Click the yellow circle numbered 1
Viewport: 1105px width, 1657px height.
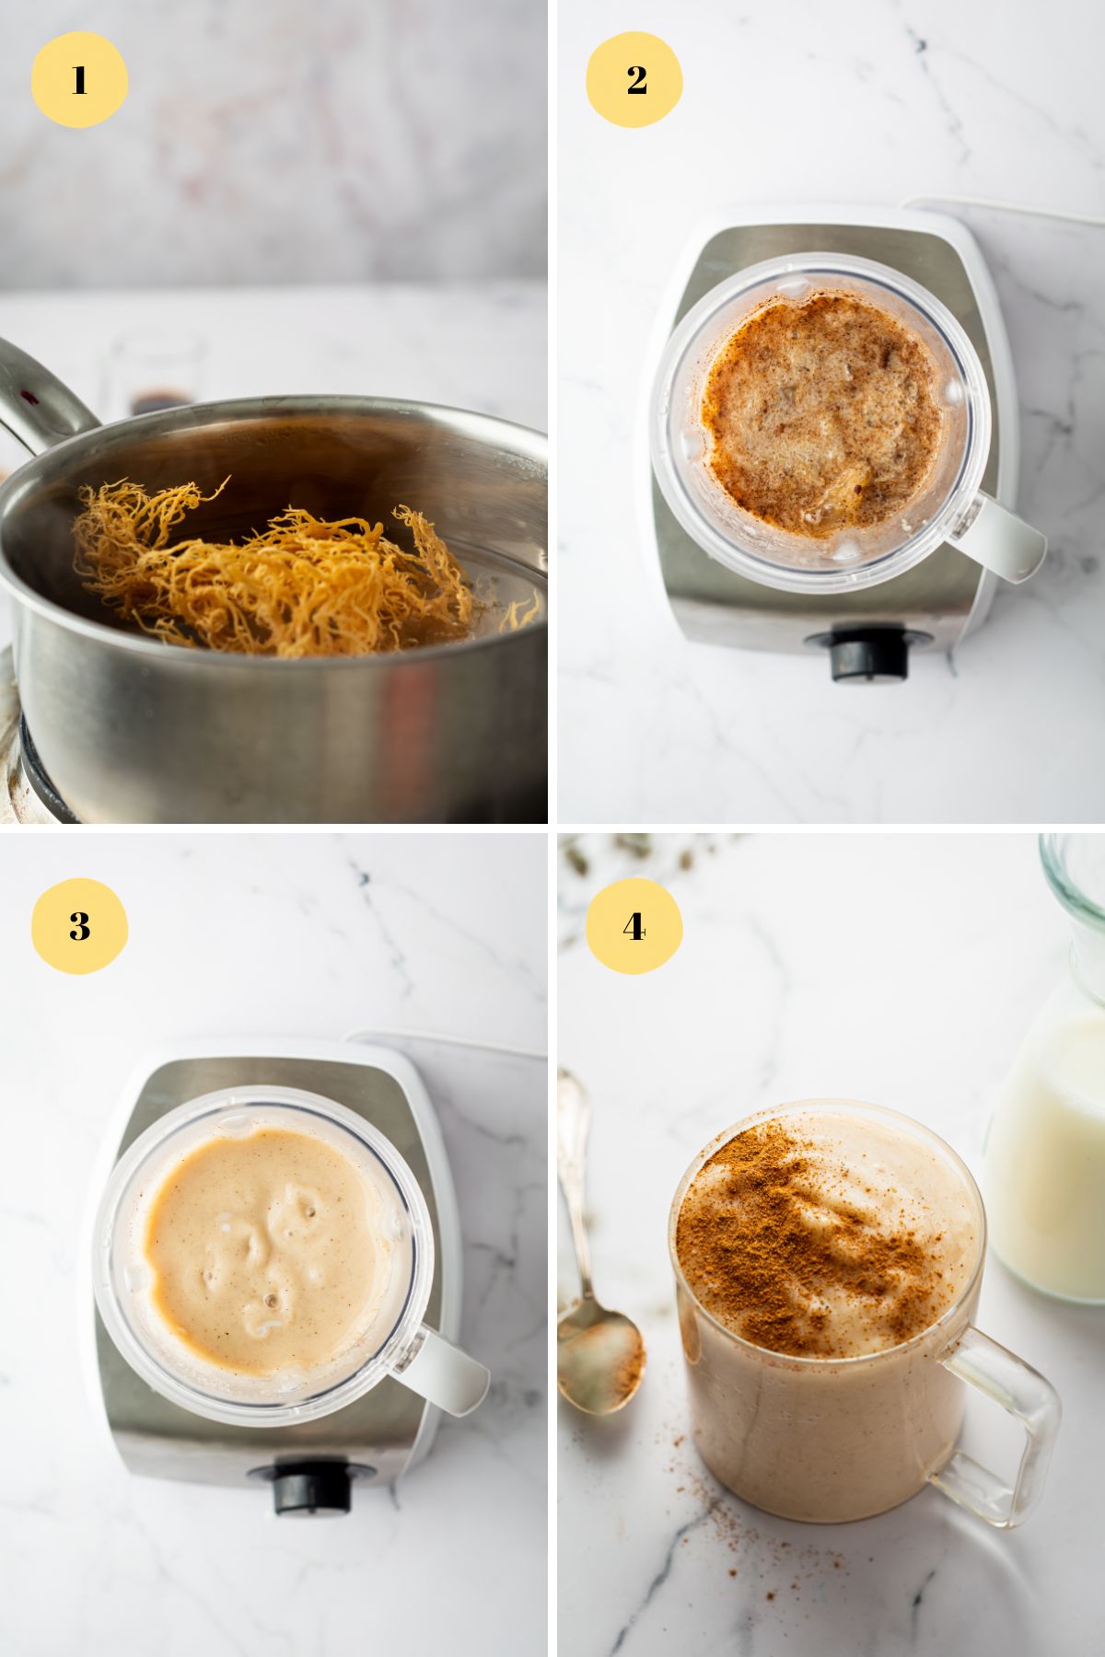tap(79, 79)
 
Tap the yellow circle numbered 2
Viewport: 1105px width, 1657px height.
tap(634, 79)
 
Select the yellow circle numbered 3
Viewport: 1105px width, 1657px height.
tap(79, 925)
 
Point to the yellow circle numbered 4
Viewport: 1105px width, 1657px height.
tap(634, 925)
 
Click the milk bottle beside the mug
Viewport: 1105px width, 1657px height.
tap(1050, 1151)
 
